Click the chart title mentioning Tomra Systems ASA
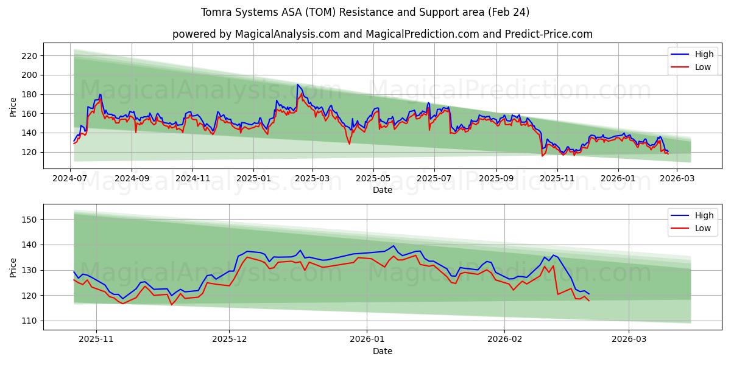pyautogui.click(x=365, y=12)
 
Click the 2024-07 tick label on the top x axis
pyautogui.click(x=70, y=179)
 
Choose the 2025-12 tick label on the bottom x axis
pyautogui.click(x=230, y=340)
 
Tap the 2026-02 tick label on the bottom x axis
pyautogui.click(x=505, y=340)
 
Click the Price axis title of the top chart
pyautogui.click(x=13, y=107)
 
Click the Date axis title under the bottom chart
pyautogui.click(x=382, y=351)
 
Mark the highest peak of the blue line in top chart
pyautogui.click(x=297, y=85)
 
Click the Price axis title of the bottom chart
pyautogui.click(x=13, y=268)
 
